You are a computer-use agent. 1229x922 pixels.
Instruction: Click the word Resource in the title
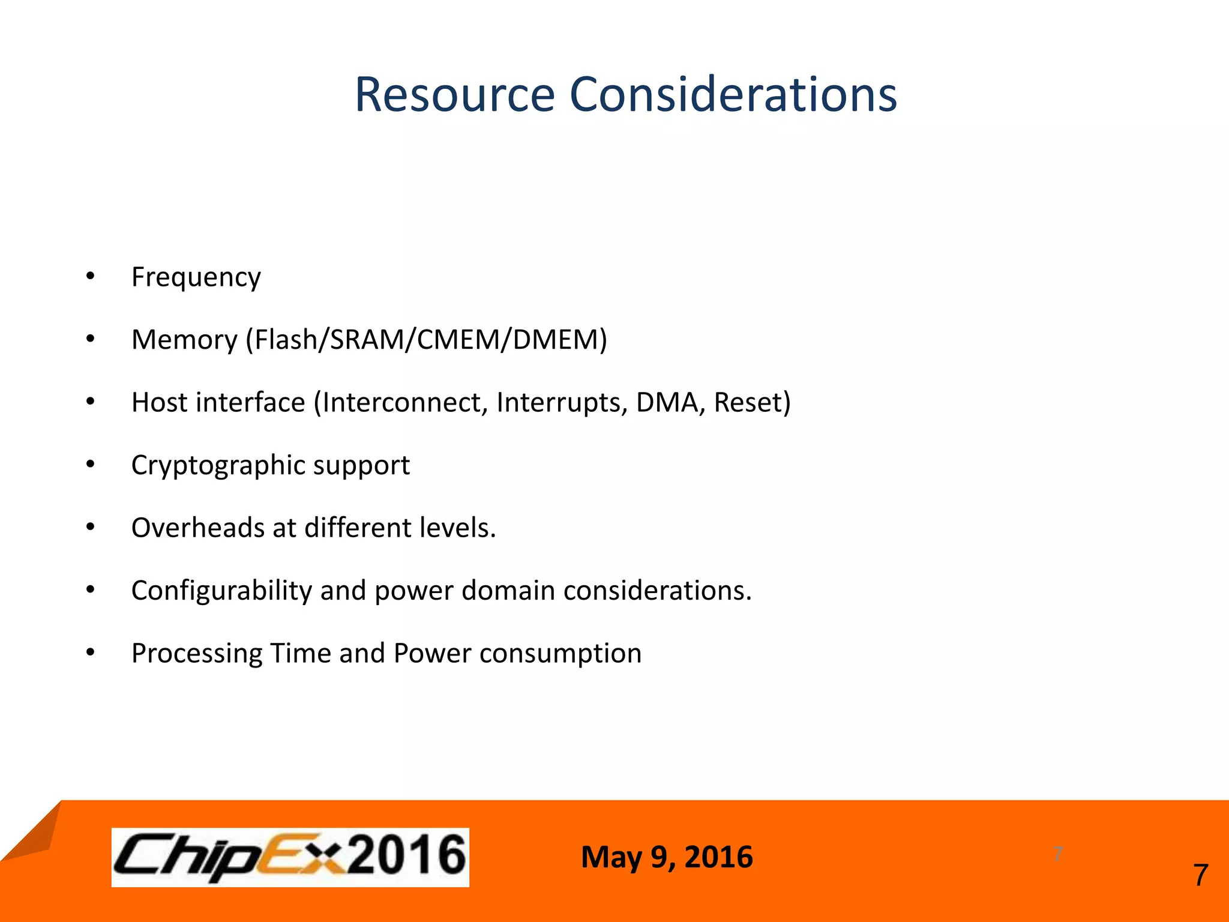click(x=454, y=95)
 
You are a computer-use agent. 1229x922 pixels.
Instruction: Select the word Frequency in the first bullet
click(x=196, y=277)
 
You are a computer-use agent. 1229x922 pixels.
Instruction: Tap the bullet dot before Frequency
click(x=90, y=276)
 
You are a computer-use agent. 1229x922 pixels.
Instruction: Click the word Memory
click(x=184, y=340)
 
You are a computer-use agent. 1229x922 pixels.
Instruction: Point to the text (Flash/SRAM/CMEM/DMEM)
click(x=426, y=340)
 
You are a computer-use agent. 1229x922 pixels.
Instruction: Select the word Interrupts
click(x=562, y=402)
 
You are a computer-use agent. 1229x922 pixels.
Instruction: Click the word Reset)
click(x=752, y=402)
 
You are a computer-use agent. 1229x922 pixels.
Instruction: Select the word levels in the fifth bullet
click(x=457, y=528)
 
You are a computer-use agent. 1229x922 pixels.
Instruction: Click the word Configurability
click(x=221, y=591)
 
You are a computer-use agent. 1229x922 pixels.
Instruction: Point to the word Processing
click(x=196, y=654)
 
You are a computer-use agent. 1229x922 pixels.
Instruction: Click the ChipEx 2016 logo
click(x=290, y=857)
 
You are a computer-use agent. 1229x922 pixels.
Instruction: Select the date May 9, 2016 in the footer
click(x=666, y=857)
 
